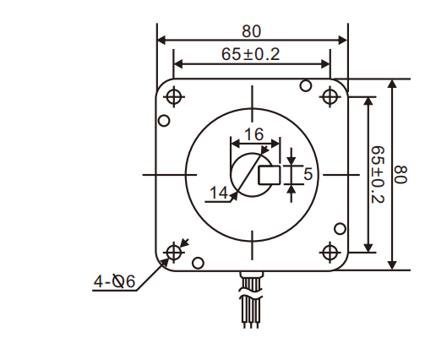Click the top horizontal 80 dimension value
251,31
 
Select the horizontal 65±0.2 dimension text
251,53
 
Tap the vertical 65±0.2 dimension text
378,174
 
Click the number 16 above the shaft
253,134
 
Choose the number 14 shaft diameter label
219,194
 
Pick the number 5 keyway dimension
307,174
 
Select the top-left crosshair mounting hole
174,96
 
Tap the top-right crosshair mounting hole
330,96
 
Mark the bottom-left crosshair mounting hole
174,252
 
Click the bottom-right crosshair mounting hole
330,252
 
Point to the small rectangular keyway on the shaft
270,175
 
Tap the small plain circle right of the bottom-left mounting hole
198,263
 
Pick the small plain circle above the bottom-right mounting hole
340,228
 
